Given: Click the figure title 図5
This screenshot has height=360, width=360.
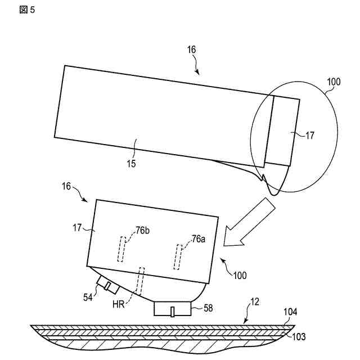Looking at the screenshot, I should coord(27,11).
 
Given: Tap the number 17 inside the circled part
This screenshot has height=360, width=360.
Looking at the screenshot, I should coord(310,135).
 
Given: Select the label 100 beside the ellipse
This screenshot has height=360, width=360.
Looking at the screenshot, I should coord(334,82).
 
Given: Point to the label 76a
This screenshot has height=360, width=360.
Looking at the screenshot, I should coord(199,239).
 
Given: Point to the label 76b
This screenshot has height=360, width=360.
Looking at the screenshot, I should coord(143,231).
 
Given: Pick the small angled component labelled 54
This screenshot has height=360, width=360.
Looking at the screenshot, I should coord(107,285).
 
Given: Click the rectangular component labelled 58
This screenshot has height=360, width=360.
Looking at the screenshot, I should coord(173,309).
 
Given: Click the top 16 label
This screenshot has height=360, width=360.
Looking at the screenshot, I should coord(191,49).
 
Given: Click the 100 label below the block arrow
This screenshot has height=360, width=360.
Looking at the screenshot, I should coord(240,276).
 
